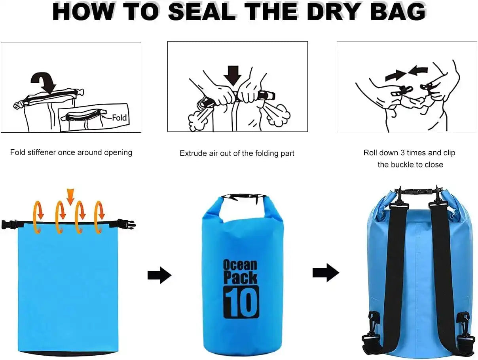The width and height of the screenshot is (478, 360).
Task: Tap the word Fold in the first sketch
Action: pos(119,118)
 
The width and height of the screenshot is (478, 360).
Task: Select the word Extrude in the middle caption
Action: pos(193,153)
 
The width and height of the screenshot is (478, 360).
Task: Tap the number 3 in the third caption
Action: pos(403,153)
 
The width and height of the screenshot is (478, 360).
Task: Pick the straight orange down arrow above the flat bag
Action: pos(70,196)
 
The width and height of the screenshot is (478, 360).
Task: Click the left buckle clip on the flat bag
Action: pos(9,224)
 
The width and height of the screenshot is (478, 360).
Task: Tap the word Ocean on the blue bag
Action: pos(240,265)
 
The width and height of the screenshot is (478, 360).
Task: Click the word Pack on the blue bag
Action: pos(240,278)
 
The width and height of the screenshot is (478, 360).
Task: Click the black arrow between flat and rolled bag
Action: pos(159,275)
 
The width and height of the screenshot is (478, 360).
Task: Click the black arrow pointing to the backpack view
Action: pos(325,272)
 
